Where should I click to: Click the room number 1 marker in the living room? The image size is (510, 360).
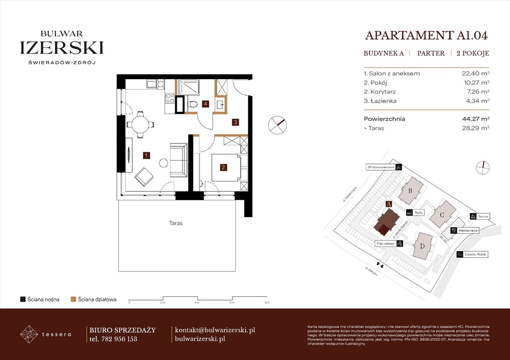click(x=146, y=155)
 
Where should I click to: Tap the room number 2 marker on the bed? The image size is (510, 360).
click(x=224, y=167)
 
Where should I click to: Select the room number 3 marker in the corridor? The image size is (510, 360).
click(x=236, y=122)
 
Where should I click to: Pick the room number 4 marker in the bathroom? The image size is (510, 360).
click(x=206, y=104)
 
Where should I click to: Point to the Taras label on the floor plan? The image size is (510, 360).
click(x=176, y=224)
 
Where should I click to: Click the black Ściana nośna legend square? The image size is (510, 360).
click(x=23, y=299)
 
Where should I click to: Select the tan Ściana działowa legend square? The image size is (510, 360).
click(x=73, y=299)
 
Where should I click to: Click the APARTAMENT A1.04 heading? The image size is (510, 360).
click(x=426, y=36)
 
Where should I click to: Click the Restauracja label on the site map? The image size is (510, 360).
click(x=468, y=231)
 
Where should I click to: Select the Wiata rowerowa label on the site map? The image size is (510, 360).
click(x=380, y=167)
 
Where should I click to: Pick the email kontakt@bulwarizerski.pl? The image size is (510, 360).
click(x=214, y=330)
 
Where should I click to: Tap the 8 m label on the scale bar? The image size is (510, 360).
click(x=266, y=303)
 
